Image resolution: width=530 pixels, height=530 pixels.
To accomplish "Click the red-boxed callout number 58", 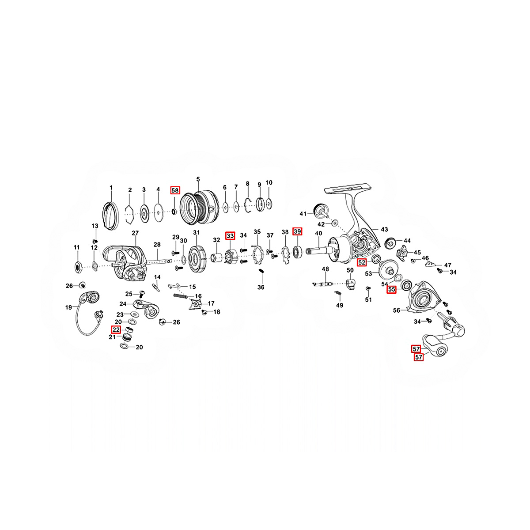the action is coord(175,190).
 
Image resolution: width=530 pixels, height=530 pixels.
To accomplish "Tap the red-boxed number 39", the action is coord(297,231).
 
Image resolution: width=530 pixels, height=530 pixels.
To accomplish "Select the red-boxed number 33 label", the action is coord(230,236).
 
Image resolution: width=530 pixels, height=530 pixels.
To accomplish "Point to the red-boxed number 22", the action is coord(116,329).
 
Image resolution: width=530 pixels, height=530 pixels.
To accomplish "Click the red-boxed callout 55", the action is coord(391,290).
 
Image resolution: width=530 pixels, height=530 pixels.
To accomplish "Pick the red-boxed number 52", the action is coord(362,262).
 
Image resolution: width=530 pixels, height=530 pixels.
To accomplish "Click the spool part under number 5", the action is coord(200,207).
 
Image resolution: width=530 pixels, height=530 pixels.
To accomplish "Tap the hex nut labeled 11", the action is coord(77,266).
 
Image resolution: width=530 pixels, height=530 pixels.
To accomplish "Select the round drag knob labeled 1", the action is coord(110,216).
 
